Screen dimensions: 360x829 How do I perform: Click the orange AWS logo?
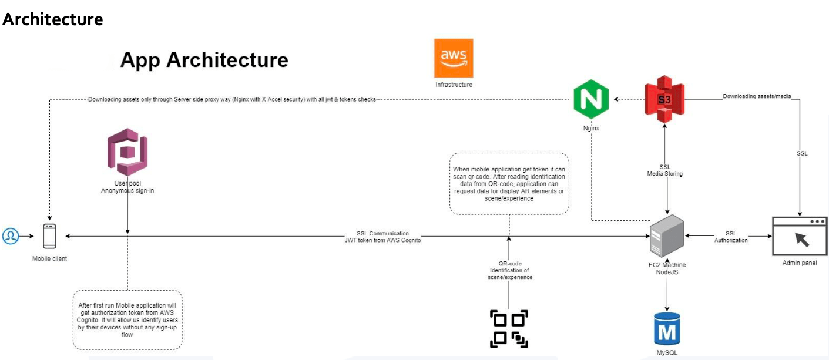(453, 58)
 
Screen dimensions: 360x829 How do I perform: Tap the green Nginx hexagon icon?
(591, 100)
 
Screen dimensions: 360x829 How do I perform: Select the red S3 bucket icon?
(664, 100)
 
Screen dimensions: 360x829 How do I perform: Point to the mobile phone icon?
(49, 236)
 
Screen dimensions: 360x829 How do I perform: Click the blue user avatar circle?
(10, 236)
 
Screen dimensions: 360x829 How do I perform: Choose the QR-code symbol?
(509, 328)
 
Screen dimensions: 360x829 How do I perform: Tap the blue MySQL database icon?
(667, 329)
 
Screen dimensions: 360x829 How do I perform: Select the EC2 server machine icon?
(666, 236)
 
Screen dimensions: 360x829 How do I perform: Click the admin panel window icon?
(799, 236)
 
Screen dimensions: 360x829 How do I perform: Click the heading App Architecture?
(204, 60)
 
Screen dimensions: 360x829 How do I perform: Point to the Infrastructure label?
(454, 85)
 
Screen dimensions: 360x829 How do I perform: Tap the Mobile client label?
(49, 258)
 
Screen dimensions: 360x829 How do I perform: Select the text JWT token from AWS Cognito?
(382, 240)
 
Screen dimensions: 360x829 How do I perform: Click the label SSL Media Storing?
(664, 170)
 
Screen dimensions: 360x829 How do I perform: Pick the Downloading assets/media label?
(757, 96)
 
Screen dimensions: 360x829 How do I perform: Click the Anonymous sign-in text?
(127, 191)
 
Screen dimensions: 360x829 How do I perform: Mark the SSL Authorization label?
(731, 237)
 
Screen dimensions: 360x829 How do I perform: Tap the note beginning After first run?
(127, 320)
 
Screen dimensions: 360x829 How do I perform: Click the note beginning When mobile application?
(509, 183)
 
